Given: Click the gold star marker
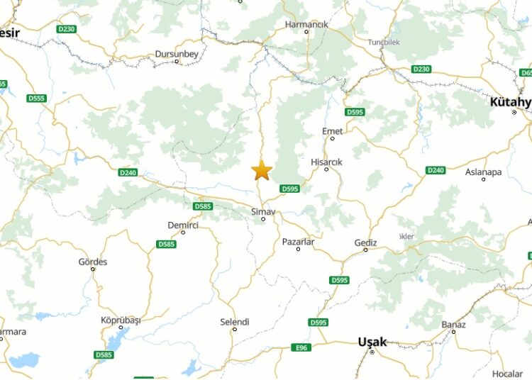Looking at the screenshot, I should tap(262, 170).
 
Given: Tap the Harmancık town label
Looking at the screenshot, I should tap(306, 24).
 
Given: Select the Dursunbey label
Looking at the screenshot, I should tap(177, 53).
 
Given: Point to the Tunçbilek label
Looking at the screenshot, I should tap(384, 42).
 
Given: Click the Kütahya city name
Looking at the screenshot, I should tap(510, 102).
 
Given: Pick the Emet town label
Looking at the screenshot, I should tap(332, 131).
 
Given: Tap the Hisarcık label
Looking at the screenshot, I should tap(326, 162).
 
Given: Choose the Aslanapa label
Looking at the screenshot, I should tap(483, 172).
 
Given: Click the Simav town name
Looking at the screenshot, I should tap(262, 211).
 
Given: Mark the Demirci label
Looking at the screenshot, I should tap(183, 225).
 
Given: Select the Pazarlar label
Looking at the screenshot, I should tap(298, 242).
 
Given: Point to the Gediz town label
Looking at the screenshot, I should tap(366, 242).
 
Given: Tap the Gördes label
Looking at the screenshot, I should tap(93, 262).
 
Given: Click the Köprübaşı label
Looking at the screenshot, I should tap(121, 320).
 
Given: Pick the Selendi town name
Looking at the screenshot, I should tap(235, 322).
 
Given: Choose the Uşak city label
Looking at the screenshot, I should tap(372, 342).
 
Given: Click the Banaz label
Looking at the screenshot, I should tap(453, 325).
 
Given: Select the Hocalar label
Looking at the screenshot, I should tap(507, 374).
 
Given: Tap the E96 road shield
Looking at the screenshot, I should tap(301, 347).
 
